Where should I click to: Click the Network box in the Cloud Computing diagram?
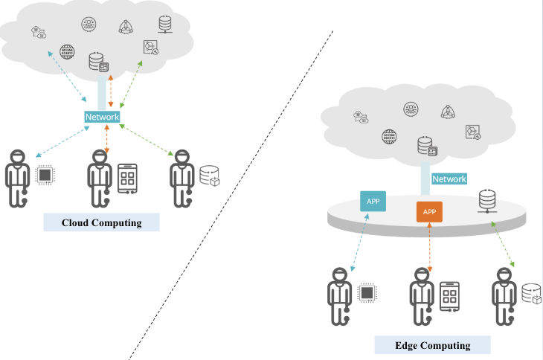[102, 118]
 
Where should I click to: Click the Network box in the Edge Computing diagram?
[449, 179]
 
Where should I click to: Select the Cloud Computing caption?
[101, 222]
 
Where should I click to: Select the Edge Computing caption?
[432, 345]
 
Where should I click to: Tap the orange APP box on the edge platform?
[429, 212]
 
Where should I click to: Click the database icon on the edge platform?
[487, 202]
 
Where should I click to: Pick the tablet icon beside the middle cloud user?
[127, 178]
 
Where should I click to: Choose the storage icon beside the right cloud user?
[208, 176]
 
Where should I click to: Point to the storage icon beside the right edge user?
[530, 294]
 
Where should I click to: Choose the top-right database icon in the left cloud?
[165, 23]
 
